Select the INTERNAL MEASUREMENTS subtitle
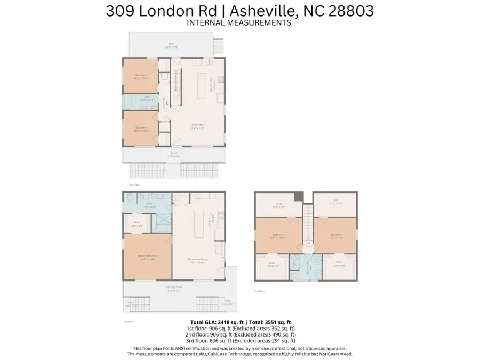pos(239,23)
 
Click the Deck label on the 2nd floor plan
pos(172,44)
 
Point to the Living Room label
pos(198,126)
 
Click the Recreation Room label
pos(198,261)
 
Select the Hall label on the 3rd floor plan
pos(307,245)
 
